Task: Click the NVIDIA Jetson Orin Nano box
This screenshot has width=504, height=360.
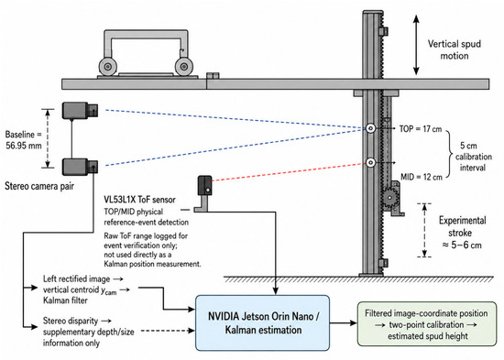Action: pos(263,322)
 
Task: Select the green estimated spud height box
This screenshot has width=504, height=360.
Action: pos(427,324)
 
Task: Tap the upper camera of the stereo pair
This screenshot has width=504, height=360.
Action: pos(80,110)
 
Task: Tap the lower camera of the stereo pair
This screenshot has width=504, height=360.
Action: pos(80,167)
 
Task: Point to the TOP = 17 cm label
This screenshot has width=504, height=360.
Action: pos(421,129)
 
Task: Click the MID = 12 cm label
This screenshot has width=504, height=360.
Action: pos(422,177)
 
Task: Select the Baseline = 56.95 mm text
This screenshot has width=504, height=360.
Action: pos(24,140)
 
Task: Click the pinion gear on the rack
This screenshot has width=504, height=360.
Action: pos(389,197)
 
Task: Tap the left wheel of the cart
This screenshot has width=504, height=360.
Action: pos(107,67)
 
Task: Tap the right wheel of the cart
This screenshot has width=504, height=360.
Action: pos(184,67)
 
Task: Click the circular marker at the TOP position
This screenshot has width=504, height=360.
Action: pos(370,128)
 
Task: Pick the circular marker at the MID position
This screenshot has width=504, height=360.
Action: pos(370,163)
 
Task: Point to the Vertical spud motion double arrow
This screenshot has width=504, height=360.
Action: pos(416,45)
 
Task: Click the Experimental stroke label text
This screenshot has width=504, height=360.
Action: pos(462,233)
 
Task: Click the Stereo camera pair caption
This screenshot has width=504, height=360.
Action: pos(39,186)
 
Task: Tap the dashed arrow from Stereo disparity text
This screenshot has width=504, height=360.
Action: pos(168,331)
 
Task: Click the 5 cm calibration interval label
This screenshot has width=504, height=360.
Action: pos(473,157)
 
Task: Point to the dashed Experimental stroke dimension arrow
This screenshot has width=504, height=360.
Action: pos(424,230)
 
